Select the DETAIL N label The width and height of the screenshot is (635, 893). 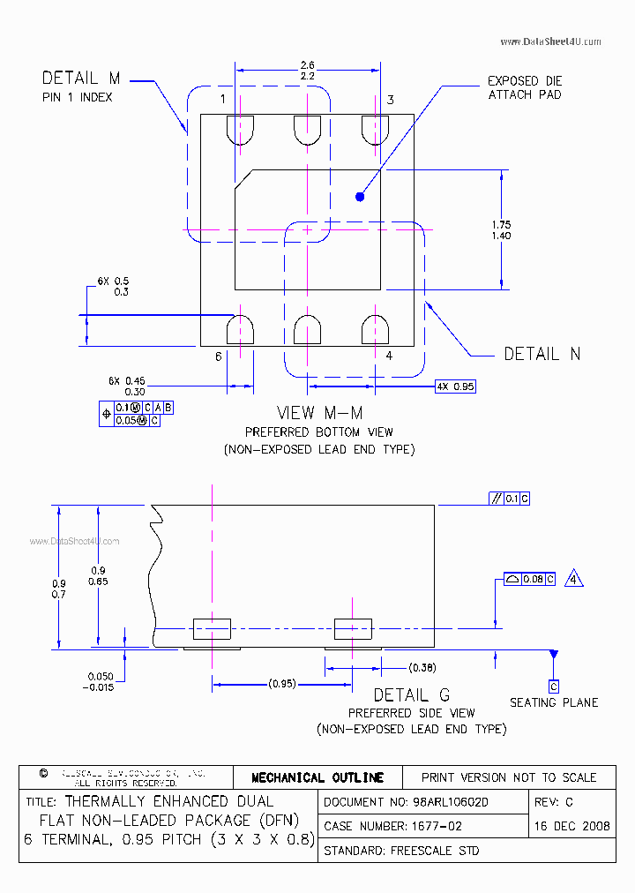(x=542, y=354)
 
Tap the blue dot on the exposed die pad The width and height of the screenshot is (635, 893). (x=360, y=197)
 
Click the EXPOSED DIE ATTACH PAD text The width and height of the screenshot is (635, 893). (x=525, y=87)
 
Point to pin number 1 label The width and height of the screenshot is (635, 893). (x=223, y=99)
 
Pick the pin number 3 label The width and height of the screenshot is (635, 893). (x=390, y=100)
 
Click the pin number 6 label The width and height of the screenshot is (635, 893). (x=218, y=356)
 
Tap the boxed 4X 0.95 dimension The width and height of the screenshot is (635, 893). (x=455, y=386)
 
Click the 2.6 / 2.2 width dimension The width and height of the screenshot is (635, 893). (x=308, y=71)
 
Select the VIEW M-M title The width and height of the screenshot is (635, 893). (x=319, y=413)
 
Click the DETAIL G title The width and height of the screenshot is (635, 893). (x=411, y=695)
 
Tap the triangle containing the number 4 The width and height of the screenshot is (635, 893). (x=574, y=579)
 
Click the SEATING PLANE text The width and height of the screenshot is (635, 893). (x=554, y=702)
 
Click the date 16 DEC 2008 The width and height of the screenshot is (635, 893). (x=572, y=827)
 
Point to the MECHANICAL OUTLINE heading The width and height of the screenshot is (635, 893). (x=317, y=777)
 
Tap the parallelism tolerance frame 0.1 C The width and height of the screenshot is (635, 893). (x=510, y=499)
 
